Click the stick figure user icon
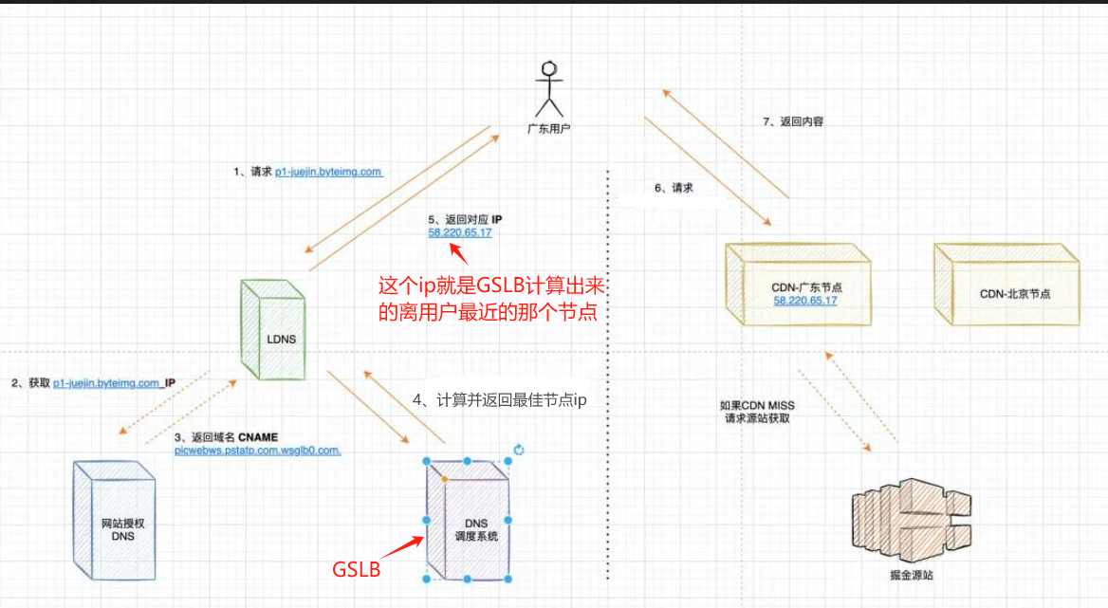[x=548, y=89]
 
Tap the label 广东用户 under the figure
[x=548, y=127]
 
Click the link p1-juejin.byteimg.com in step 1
[x=328, y=172]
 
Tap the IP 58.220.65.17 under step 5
[x=459, y=232]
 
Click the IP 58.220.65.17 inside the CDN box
[x=805, y=301]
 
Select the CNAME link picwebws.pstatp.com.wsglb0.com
[x=257, y=451]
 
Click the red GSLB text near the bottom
[x=356, y=569]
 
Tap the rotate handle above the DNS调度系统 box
[x=518, y=450]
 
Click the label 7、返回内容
[x=786, y=122]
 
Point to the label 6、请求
[x=674, y=188]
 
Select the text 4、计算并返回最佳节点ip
[x=500, y=400]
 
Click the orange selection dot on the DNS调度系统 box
[x=444, y=479]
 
